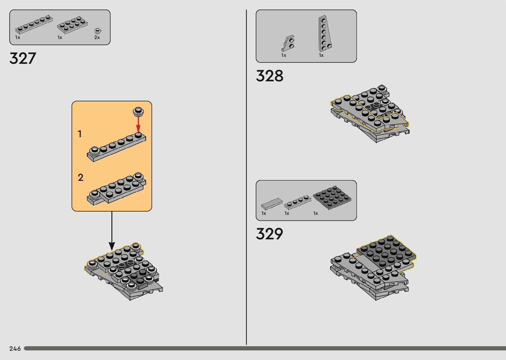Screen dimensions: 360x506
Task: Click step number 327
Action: pyautogui.click(x=22, y=59)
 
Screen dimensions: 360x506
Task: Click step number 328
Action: pyautogui.click(x=269, y=76)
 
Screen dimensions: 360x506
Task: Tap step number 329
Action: pyautogui.click(x=269, y=234)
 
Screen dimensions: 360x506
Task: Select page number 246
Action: pyautogui.click(x=15, y=348)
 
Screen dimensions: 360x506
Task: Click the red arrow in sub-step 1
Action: pyautogui.click(x=138, y=124)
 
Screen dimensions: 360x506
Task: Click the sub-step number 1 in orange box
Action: pyautogui.click(x=80, y=134)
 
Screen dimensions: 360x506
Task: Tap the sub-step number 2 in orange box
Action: pyautogui.click(x=80, y=178)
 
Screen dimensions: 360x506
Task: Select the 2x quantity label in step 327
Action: pyautogui.click(x=97, y=38)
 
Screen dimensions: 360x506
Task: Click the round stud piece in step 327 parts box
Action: pyautogui.click(x=97, y=31)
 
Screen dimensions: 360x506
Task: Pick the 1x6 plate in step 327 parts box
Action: pyautogui.click(x=34, y=25)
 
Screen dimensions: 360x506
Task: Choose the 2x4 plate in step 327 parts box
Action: pyautogui.click(x=72, y=25)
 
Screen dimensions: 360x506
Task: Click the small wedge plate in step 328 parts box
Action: pyautogui.click(x=289, y=43)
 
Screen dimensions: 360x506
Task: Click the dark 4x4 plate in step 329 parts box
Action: pyautogui.click(x=332, y=197)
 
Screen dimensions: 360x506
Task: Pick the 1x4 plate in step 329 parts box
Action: pyautogui.click(x=298, y=202)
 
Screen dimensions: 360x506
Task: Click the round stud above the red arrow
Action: pyautogui.click(x=138, y=111)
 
